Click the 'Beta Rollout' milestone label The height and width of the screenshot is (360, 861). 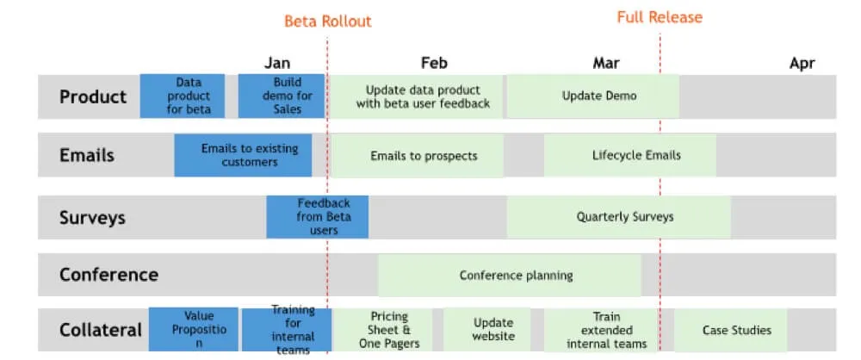tap(328, 21)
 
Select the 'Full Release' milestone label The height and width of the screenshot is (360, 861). tap(660, 17)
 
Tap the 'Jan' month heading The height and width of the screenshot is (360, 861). tap(277, 63)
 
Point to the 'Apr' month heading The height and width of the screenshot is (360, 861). tap(802, 63)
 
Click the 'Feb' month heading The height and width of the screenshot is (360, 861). tap(434, 63)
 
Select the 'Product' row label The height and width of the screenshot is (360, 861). tap(93, 96)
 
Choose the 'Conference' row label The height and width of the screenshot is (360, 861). tap(108, 275)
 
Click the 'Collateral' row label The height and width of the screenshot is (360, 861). tap(100, 330)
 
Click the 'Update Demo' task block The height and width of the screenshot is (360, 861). tap(592, 96)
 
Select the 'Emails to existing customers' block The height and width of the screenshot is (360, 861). tap(250, 155)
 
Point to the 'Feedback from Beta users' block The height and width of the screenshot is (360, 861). tap(318, 217)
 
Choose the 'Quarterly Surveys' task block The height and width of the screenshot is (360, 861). tap(618, 217)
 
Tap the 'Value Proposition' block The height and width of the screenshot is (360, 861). tap(194, 330)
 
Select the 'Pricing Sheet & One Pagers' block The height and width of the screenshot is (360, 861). tap(388, 330)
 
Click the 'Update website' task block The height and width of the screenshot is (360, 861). tap(493, 330)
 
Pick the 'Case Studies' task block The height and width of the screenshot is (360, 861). tap(736, 330)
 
